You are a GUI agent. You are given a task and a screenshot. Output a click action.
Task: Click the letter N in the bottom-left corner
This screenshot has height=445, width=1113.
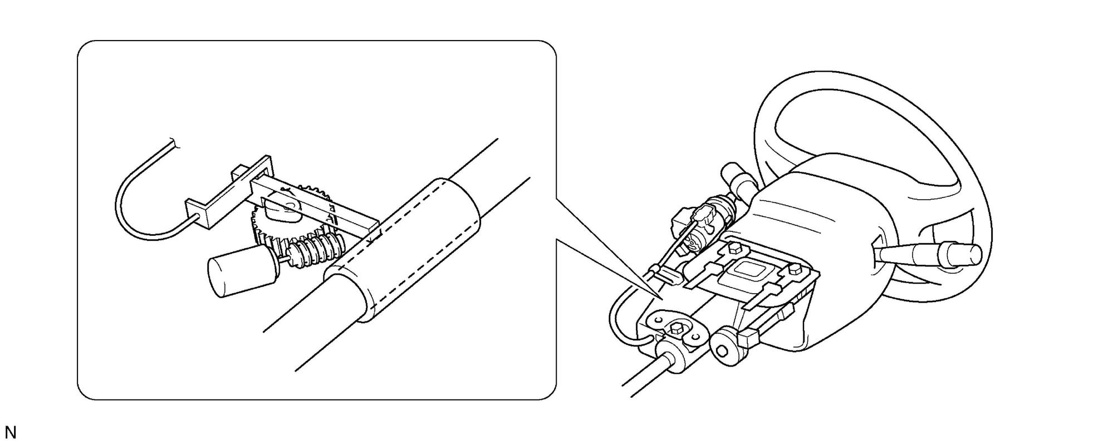(11, 432)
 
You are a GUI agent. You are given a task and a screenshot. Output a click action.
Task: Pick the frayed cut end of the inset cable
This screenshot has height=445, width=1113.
(175, 143)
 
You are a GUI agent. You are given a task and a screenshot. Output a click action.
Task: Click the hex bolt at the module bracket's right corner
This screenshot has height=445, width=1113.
(795, 270)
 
